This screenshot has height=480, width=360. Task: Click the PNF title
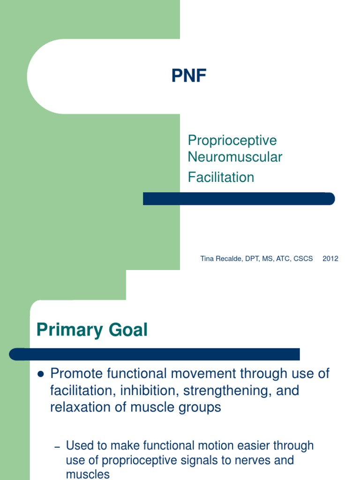[189, 76]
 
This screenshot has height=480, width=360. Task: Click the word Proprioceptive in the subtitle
[232, 140]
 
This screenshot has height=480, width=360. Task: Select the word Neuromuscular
[235, 157]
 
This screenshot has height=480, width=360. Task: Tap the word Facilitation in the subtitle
[221, 177]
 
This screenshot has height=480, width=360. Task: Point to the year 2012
[330, 259]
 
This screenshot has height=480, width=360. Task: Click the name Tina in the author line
[207, 259]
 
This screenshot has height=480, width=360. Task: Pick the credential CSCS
[303, 259]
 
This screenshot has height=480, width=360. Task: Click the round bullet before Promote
[40, 375]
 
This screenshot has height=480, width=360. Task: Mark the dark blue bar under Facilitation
[239, 199]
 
